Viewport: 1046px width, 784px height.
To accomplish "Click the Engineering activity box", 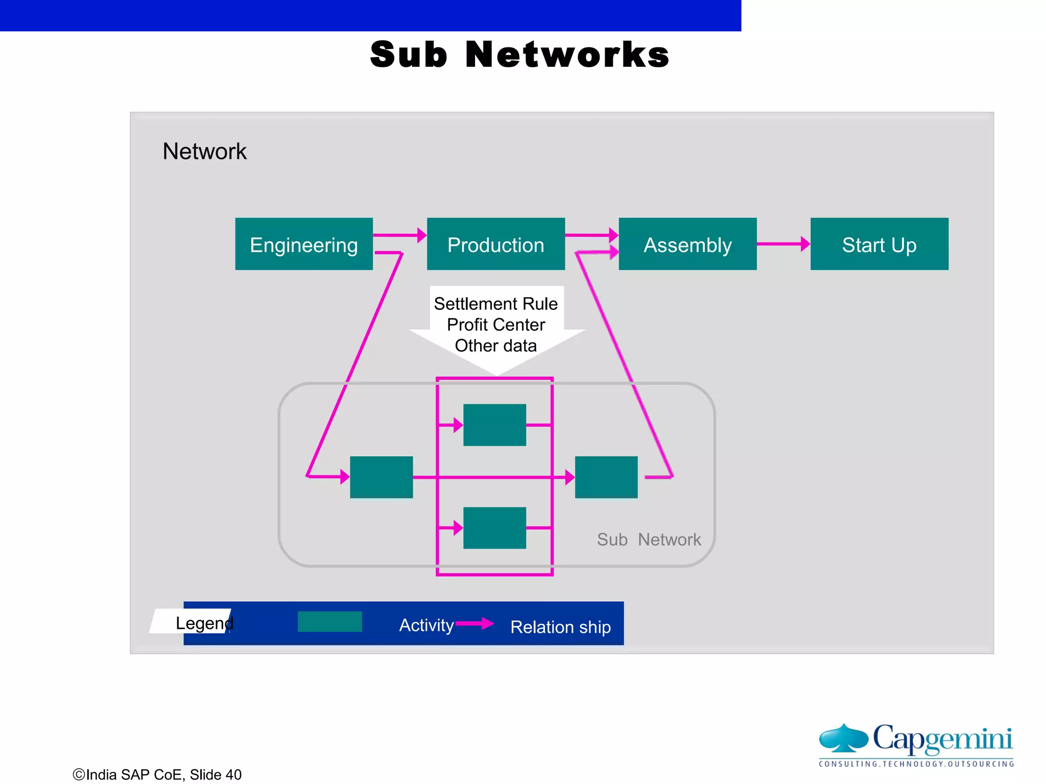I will (x=304, y=244).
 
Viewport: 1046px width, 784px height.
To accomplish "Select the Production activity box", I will (x=495, y=244).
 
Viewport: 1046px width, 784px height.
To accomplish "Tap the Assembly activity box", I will (x=687, y=244).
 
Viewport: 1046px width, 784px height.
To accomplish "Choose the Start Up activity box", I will (x=879, y=244).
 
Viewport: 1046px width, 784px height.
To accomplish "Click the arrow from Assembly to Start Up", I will (x=783, y=244).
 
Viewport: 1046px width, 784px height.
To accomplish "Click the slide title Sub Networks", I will (x=519, y=55).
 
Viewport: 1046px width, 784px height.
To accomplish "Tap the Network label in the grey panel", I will (x=204, y=152).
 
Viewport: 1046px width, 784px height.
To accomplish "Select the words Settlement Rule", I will (x=495, y=304).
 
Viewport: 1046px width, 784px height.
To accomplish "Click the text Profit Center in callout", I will (x=495, y=325).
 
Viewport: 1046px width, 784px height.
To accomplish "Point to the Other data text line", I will (x=495, y=346).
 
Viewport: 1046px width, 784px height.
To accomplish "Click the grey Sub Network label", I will (x=649, y=540).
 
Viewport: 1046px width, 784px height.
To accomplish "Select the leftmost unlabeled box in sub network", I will (x=382, y=477).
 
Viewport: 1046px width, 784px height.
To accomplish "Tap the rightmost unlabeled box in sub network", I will (x=606, y=477).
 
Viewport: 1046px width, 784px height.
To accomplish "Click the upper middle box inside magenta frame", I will (x=494, y=425).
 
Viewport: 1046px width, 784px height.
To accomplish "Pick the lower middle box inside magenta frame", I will (x=494, y=528).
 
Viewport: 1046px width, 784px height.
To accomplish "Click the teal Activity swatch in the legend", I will (x=330, y=622).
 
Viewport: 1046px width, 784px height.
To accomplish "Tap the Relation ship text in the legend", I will (x=560, y=627).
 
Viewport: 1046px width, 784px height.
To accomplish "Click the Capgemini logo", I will (x=916, y=744).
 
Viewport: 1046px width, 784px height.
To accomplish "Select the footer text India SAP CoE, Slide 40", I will (x=157, y=774).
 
